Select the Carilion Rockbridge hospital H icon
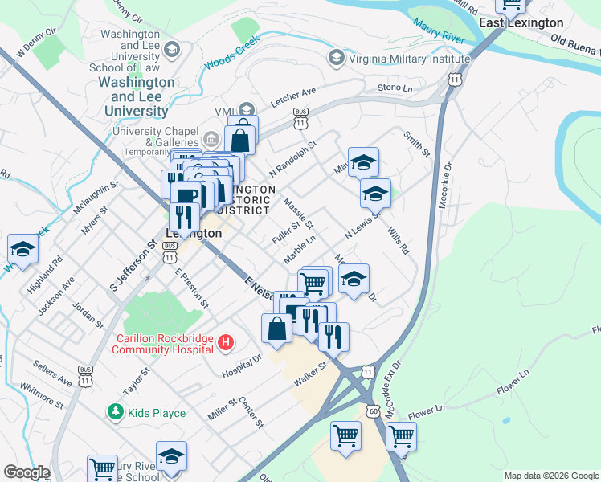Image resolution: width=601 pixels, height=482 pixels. pos(226,343)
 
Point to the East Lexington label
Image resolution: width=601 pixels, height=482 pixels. pos(521,22)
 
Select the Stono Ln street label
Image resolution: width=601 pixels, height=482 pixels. pos(395,87)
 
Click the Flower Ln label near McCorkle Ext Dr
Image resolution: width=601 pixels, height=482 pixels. pos(426,412)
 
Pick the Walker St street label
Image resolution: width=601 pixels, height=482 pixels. pos(312,374)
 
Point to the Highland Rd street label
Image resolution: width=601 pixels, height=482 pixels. pos(56,272)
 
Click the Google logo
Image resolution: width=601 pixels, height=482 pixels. pos(27,472)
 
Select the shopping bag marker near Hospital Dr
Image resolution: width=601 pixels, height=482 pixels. pos(276,329)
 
